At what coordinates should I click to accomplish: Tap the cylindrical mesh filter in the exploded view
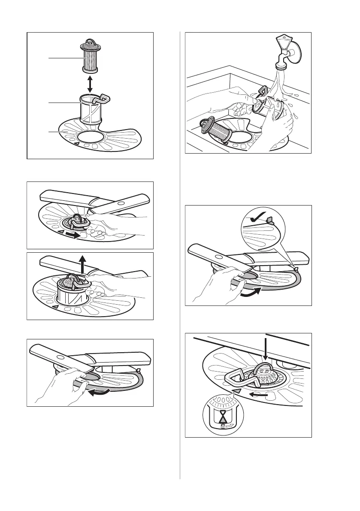pyautogui.click(x=90, y=60)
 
